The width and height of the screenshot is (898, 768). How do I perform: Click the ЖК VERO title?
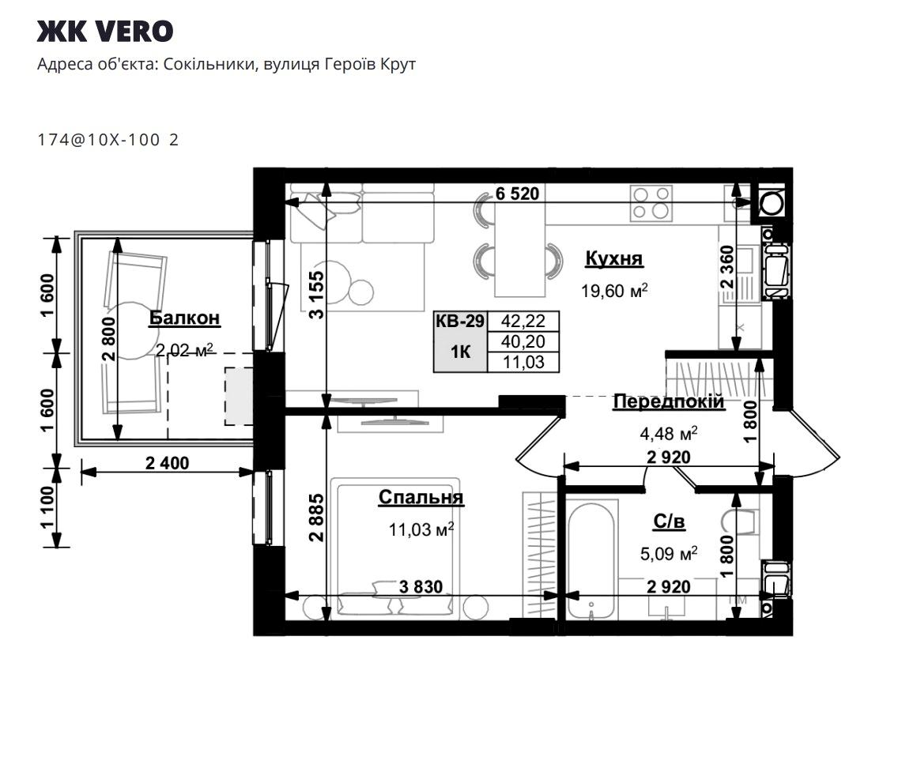tap(105, 32)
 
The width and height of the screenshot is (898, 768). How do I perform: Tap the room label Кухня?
tap(614, 258)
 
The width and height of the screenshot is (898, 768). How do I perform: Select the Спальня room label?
tap(421, 497)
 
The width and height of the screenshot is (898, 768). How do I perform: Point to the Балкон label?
tap(184, 318)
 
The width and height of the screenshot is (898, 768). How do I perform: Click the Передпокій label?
tap(668, 401)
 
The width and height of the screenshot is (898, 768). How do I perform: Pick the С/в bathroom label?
tap(669, 521)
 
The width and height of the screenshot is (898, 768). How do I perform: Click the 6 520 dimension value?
tap(517, 194)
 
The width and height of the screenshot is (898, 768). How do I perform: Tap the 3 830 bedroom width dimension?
tap(421, 586)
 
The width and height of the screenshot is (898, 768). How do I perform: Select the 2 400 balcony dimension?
tap(167, 463)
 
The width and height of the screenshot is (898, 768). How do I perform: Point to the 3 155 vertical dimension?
tap(316, 295)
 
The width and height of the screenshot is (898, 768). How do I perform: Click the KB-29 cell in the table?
tap(460, 321)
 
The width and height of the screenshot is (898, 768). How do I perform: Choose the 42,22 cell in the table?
tap(523, 321)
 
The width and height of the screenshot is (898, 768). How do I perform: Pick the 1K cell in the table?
tap(460, 352)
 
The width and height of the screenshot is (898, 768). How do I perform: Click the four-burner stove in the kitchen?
tap(651, 203)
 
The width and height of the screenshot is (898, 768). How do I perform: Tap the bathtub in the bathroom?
tap(592, 559)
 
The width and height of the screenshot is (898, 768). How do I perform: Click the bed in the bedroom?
tap(398, 548)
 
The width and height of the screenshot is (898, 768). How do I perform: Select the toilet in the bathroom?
tap(742, 521)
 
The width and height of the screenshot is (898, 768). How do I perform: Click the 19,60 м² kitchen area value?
tap(614, 291)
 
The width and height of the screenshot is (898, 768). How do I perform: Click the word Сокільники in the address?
tap(209, 64)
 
